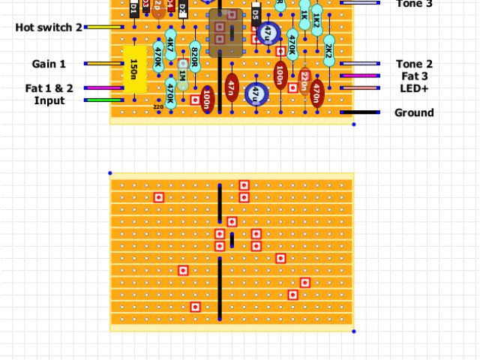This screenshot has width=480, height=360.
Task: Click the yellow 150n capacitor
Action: [134, 70]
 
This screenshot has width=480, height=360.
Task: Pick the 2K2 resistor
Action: [328, 52]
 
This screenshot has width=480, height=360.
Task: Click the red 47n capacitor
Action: [232, 88]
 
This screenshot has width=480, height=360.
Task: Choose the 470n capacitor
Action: [316, 93]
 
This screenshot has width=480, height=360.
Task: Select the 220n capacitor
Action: [304, 82]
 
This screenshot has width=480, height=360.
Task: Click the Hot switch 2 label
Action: [49, 28]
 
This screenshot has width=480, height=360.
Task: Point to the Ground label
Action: [414, 112]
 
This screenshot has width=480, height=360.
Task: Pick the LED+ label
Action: [414, 88]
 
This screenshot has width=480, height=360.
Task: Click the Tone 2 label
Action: [414, 64]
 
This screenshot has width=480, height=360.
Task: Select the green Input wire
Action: [103, 100]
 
